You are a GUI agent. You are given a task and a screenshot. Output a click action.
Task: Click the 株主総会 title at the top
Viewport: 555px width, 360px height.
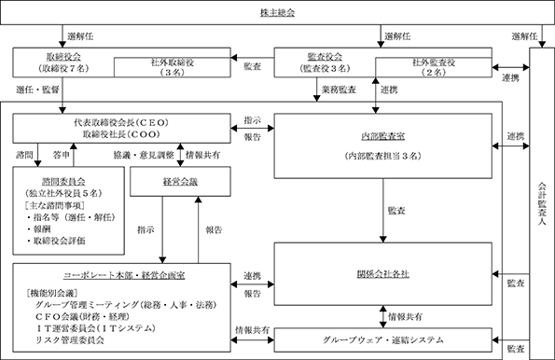(x=278, y=13)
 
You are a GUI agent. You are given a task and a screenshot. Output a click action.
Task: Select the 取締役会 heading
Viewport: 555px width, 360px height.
(x=63, y=57)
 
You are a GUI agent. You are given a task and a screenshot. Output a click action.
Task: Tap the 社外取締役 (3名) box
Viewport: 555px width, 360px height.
(x=173, y=67)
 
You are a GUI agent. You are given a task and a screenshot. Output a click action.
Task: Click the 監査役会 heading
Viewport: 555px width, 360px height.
(x=325, y=57)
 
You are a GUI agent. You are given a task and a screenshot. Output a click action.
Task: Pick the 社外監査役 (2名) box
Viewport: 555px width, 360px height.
(x=434, y=67)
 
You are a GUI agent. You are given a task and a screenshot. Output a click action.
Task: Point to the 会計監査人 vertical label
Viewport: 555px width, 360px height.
(x=542, y=203)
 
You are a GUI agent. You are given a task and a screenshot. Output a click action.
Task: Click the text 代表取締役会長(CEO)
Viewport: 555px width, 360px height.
(x=121, y=122)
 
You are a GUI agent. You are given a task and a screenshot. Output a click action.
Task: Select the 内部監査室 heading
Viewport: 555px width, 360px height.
(x=383, y=136)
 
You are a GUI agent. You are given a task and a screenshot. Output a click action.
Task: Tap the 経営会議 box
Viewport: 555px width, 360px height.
(x=181, y=182)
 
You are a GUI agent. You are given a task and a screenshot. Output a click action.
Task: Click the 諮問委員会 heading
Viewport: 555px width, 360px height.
(x=63, y=182)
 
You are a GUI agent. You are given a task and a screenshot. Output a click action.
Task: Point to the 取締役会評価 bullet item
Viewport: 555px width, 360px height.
(x=56, y=241)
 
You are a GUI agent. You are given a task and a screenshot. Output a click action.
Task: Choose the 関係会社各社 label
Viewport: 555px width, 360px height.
(x=383, y=274)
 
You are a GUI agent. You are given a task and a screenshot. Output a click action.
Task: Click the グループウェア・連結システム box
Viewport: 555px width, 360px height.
(x=383, y=340)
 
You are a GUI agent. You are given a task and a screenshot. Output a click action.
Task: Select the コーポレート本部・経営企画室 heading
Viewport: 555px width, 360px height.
(x=124, y=275)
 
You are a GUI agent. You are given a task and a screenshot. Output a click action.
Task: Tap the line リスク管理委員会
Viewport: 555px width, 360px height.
(x=70, y=340)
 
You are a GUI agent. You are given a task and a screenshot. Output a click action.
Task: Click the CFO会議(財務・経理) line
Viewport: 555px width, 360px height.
(x=82, y=316)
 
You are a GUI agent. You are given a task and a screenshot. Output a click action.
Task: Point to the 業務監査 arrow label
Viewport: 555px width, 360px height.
(x=339, y=90)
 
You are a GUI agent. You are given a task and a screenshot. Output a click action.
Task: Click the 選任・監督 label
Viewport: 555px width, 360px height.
(x=37, y=90)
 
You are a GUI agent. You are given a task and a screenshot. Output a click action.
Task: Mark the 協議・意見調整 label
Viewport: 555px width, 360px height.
(x=144, y=155)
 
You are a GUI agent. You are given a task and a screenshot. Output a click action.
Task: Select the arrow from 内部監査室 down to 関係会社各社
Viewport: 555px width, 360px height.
(x=383, y=211)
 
